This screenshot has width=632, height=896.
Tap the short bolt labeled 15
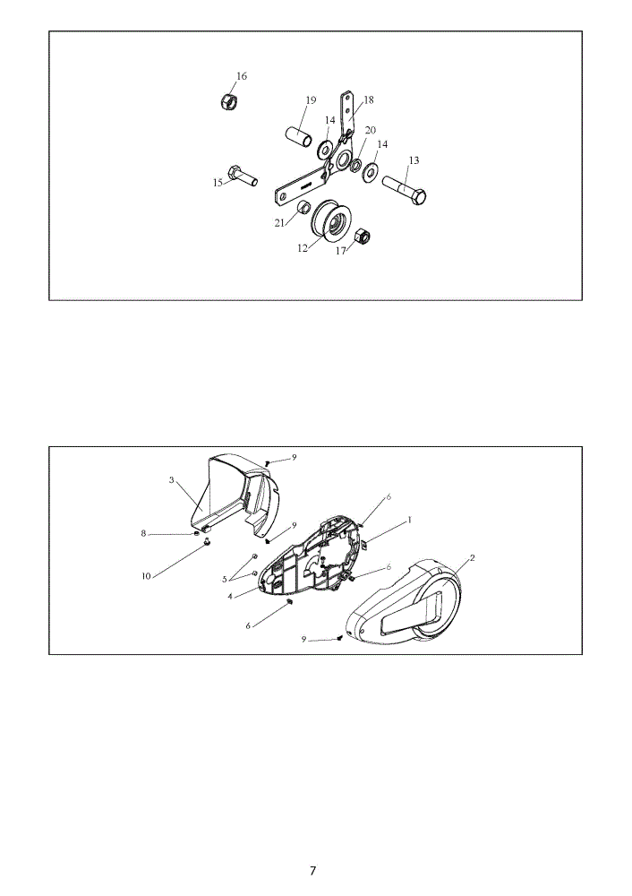pyautogui.click(x=242, y=176)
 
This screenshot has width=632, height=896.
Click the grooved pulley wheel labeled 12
pyautogui.click(x=332, y=224)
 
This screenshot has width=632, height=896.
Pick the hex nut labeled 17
pyautogui.click(x=361, y=237)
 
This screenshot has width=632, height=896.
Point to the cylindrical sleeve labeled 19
pyautogui.click(x=299, y=138)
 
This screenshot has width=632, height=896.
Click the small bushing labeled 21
pyautogui.click(x=303, y=206)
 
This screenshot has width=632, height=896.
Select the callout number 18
pyautogui.click(x=368, y=100)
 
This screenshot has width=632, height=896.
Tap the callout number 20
pyautogui.click(x=370, y=130)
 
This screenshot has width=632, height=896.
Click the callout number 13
pyautogui.click(x=414, y=160)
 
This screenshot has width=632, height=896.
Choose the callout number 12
pyautogui.click(x=302, y=248)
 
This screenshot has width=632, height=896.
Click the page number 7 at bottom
pyautogui.click(x=312, y=871)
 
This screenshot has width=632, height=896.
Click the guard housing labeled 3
pyautogui.click(x=235, y=498)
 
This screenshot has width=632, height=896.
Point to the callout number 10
pyautogui.click(x=146, y=576)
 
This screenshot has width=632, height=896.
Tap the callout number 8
pyautogui.click(x=144, y=534)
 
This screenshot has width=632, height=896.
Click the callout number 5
pyautogui.click(x=225, y=580)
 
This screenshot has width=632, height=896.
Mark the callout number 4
pyautogui.click(x=229, y=597)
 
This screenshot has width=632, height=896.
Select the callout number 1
pyautogui.click(x=409, y=521)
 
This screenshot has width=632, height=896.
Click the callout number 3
pyautogui.click(x=171, y=480)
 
